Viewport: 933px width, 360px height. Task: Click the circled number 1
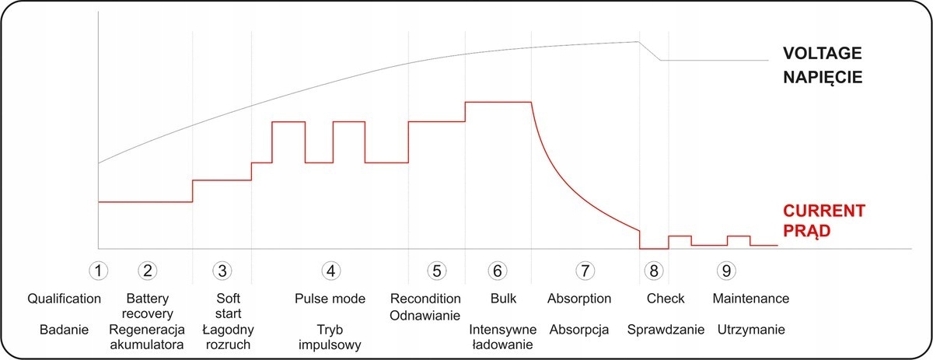point(98,270)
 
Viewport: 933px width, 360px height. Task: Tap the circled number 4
point(331,270)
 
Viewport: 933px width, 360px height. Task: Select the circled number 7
point(584,270)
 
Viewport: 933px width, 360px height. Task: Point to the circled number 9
point(726,270)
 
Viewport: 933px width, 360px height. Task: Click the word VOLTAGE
point(823,54)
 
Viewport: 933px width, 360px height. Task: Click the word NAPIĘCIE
point(823,78)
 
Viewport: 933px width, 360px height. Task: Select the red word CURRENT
point(823,211)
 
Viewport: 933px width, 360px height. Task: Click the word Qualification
point(65,299)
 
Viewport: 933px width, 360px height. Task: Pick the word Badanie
point(65,329)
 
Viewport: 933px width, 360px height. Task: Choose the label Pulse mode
point(330,299)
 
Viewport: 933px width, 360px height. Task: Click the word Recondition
point(426,299)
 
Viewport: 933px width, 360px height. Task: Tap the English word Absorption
point(579,299)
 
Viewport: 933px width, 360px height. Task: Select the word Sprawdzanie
point(666,329)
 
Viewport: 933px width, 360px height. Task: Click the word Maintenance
point(751,299)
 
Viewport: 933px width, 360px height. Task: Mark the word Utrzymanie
point(751,329)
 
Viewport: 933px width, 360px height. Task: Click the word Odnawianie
point(426,314)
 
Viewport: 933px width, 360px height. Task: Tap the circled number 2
point(148,270)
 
